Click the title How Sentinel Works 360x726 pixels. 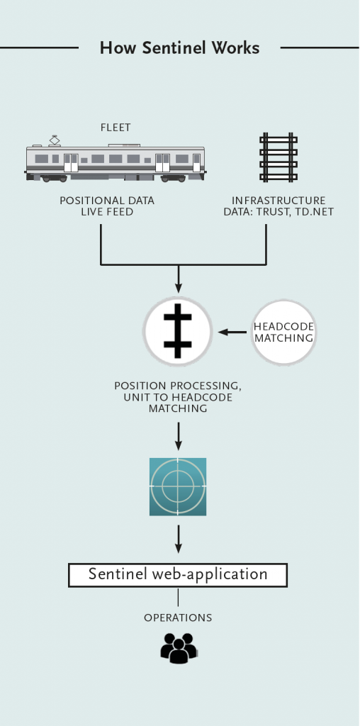pyautogui.click(x=179, y=48)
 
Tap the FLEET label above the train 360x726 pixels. pyautogui.click(x=116, y=128)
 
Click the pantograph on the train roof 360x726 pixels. pyautogui.click(x=55, y=140)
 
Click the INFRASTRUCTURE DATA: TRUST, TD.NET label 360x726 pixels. pyautogui.click(x=279, y=206)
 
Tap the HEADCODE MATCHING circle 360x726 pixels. pyautogui.click(x=283, y=332)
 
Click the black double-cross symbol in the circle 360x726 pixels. pyautogui.click(x=178, y=331)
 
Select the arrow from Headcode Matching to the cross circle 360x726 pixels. pyautogui.click(x=230, y=332)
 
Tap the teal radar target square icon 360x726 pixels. pyautogui.click(x=178, y=486)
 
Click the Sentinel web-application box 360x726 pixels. pyautogui.click(x=178, y=574)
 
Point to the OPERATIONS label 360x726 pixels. pyautogui.click(x=178, y=618)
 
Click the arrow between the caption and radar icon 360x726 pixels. pyautogui.click(x=178, y=435)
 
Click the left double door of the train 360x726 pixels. pyautogui.click(x=71, y=162)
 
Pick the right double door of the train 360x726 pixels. pyautogui.click(x=163, y=162)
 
